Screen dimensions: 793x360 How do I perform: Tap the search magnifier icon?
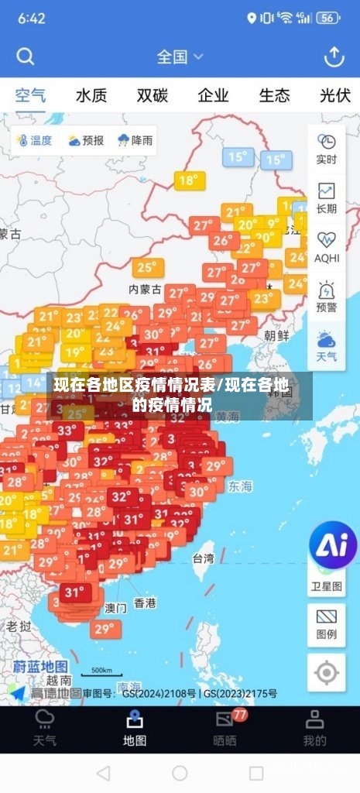coord(26,57)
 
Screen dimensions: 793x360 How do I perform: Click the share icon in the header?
coord(334,57)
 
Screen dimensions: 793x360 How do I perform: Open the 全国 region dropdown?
coord(180,57)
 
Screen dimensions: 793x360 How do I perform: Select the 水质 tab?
coord(91,96)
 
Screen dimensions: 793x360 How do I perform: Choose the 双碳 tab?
coord(153,96)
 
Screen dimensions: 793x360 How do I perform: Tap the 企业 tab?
coord(213,96)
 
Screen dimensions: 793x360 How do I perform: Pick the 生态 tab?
coord(274,96)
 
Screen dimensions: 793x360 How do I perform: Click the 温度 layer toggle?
coord(33,140)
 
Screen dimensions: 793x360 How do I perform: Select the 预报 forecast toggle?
coord(85,140)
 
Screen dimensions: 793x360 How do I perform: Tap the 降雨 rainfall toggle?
coord(135,140)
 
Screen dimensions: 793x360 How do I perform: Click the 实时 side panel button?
coord(326,149)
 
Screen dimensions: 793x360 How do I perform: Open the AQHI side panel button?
coord(326,246)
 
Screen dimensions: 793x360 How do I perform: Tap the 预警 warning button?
coord(326,295)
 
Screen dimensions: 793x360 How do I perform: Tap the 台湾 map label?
coord(203,558)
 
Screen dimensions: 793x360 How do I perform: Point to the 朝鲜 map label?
coord(276,335)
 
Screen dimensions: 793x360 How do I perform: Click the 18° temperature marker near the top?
coord(188,180)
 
